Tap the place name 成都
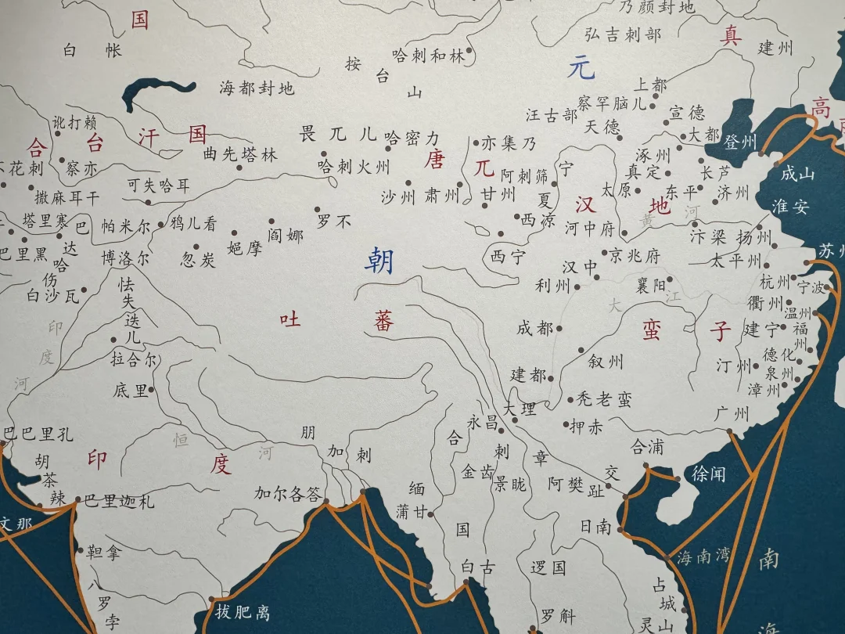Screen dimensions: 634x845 (534, 328)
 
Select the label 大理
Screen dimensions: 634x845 (520, 409)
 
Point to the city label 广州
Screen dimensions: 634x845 (732, 413)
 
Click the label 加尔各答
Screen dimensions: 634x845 (287, 494)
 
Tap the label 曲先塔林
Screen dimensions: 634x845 (240, 155)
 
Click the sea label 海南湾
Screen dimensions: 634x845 (703, 556)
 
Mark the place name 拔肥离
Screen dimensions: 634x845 (243, 611)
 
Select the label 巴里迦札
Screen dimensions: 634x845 (119, 501)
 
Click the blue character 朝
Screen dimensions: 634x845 (381, 261)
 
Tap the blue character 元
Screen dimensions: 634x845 (581, 69)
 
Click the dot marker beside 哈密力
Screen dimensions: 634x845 (388, 147)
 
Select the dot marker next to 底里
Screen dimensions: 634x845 (151, 389)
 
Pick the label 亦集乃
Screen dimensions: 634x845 (509, 143)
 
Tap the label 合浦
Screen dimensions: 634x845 (647, 447)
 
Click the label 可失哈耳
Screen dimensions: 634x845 (159, 186)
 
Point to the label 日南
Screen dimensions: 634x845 (595, 527)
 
